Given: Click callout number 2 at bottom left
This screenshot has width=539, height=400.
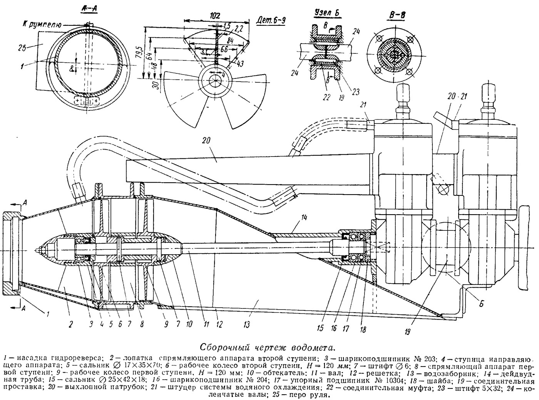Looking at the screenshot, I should pos(71,324).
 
